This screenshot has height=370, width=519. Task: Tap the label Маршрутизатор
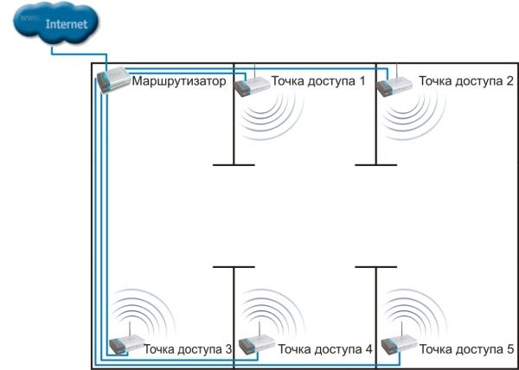tap(178, 82)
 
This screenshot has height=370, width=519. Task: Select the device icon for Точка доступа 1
tap(253, 85)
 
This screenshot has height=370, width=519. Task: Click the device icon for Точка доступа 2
tap(396, 85)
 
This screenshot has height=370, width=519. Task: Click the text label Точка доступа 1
tap(317, 81)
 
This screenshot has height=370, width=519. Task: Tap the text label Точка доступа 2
tap(465, 81)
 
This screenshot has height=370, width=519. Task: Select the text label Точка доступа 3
tap(188, 349)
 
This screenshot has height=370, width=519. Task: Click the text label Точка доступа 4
tap(325, 349)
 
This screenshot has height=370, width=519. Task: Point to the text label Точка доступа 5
tap(467, 349)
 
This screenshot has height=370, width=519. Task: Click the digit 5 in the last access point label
tap(510, 349)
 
